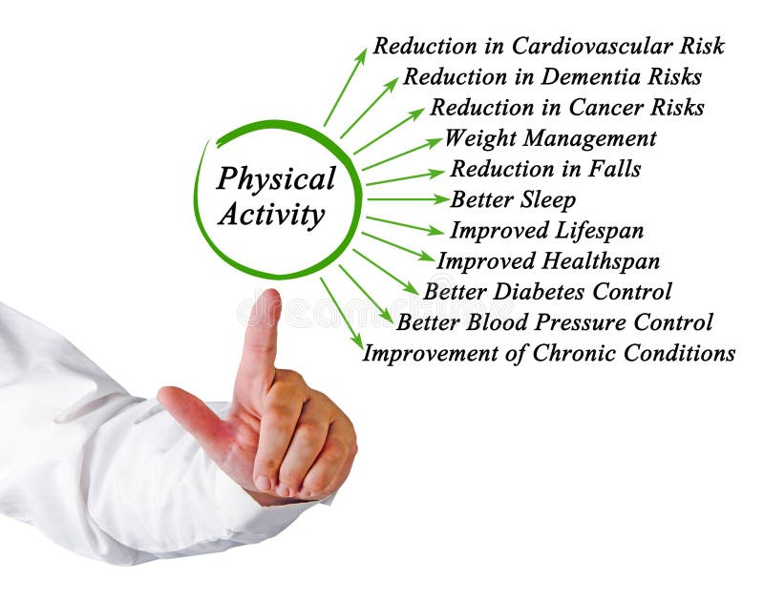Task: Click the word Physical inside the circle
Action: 276,179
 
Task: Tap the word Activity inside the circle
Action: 271,215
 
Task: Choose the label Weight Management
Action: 550,138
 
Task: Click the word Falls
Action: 613,169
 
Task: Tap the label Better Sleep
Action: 513,200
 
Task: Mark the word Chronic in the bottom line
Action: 570,353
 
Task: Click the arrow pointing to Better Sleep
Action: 407,199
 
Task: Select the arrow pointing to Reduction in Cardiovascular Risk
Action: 345,88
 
